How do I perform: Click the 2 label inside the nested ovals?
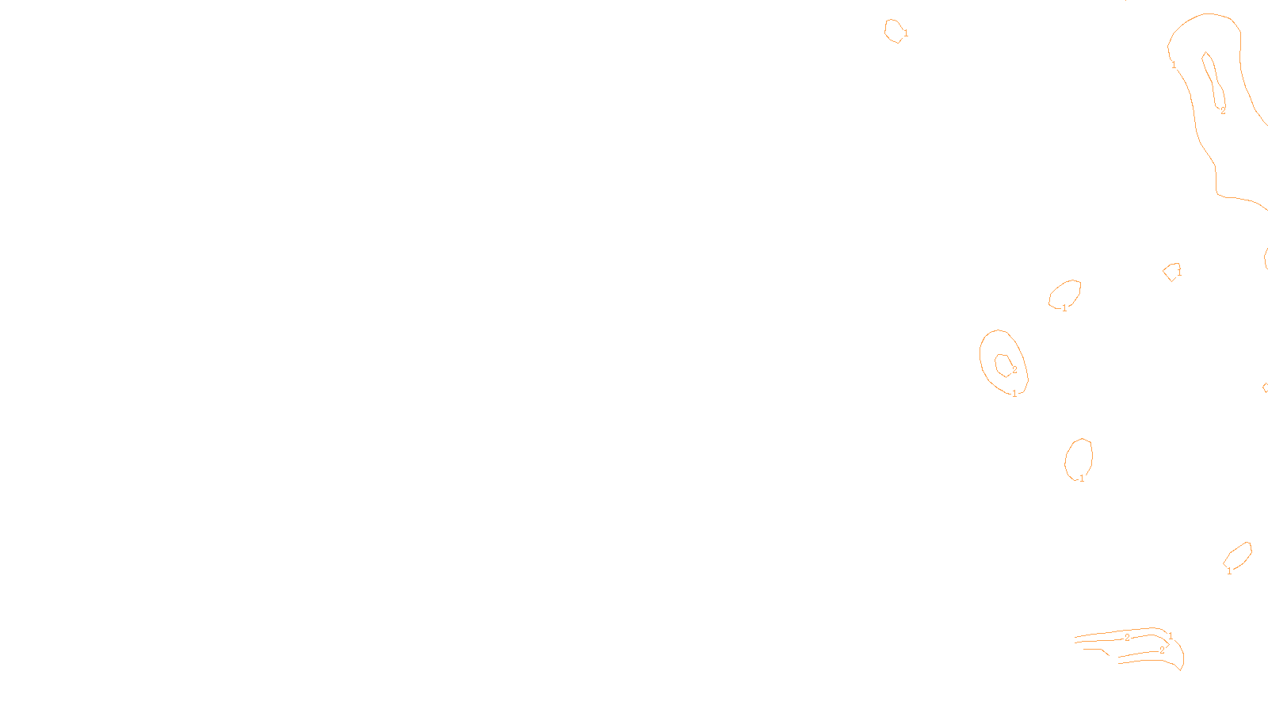(1014, 370)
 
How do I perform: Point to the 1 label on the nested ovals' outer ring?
(1014, 394)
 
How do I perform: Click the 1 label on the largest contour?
(1174, 65)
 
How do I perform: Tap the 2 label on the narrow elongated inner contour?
(1223, 111)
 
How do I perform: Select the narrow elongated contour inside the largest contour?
(1209, 75)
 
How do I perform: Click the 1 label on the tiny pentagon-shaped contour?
(1179, 272)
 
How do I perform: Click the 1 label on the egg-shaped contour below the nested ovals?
(1082, 479)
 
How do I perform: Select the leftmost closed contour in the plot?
(893, 30)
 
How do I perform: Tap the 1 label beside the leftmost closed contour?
(906, 33)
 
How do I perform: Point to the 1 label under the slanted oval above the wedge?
(1229, 571)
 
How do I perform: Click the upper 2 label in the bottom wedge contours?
(1127, 637)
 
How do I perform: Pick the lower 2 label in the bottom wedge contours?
(1162, 650)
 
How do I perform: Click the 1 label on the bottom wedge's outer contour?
(1171, 636)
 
